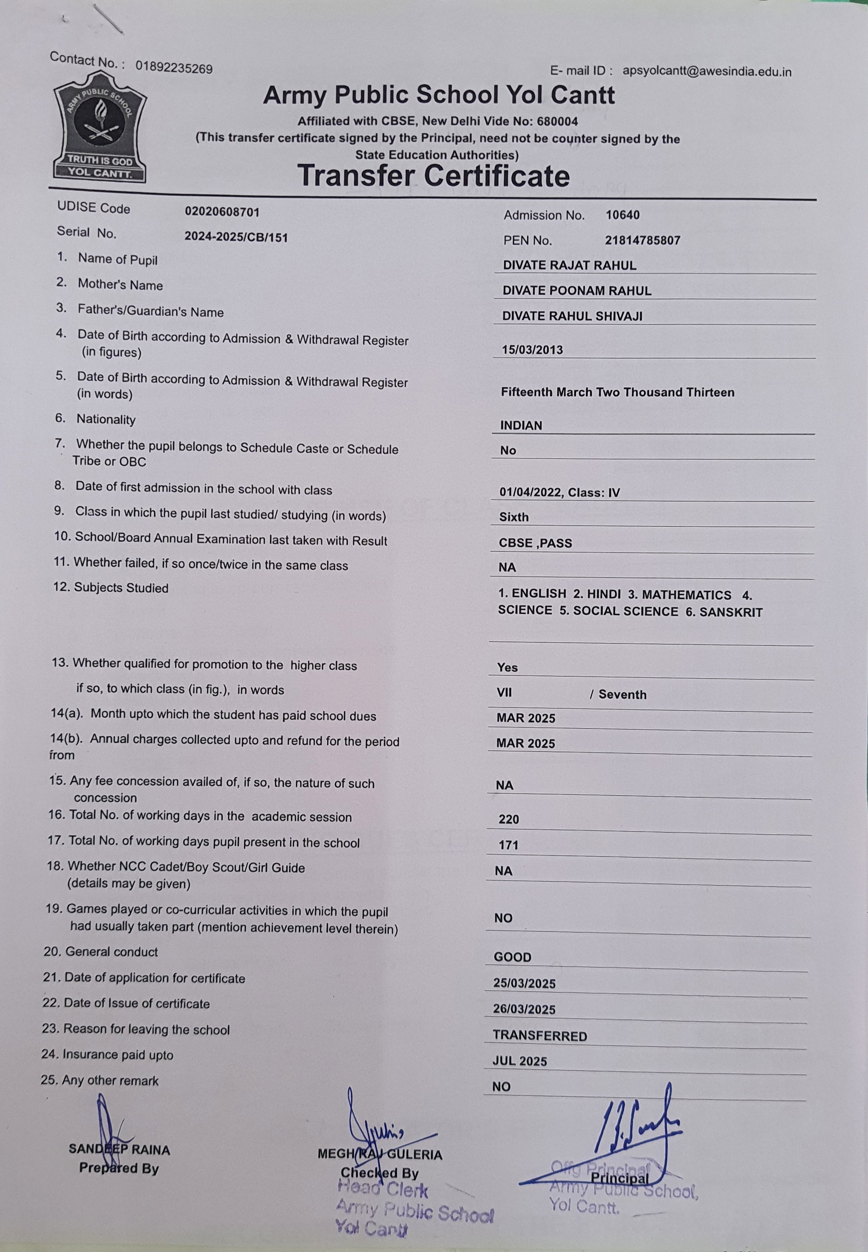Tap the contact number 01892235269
[x=174, y=68]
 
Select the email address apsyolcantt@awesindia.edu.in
[x=707, y=71]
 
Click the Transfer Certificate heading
[x=434, y=176]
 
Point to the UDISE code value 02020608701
[x=222, y=212]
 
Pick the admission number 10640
[x=623, y=215]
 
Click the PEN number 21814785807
[x=642, y=240]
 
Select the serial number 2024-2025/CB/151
[x=236, y=237]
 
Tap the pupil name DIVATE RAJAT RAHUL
[x=569, y=266]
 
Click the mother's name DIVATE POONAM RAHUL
[x=576, y=291]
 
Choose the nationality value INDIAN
[x=521, y=426]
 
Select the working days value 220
[x=508, y=819]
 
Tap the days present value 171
[x=508, y=845]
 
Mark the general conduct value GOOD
[x=512, y=957]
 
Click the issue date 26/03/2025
[x=524, y=1009]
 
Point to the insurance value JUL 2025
[x=519, y=1061]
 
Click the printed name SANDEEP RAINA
[x=119, y=1150]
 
